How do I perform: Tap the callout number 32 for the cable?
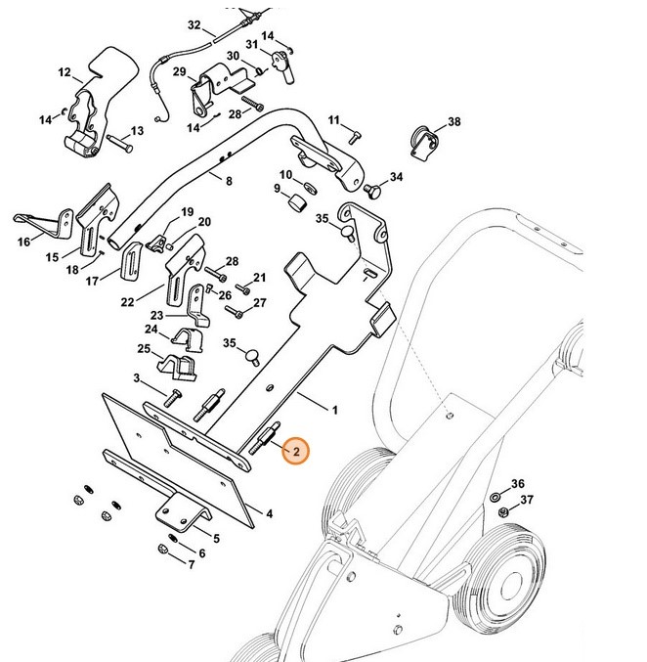pyautogui.click(x=194, y=24)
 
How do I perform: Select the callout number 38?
pyautogui.click(x=453, y=122)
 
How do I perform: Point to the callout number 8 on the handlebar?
pyautogui.click(x=229, y=181)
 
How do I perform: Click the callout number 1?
pyautogui.click(x=334, y=411)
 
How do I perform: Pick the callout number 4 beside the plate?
pyautogui.click(x=269, y=512)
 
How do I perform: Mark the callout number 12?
pyautogui.click(x=65, y=72)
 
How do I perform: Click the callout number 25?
pyautogui.click(x=144, y=349)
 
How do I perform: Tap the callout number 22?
pyautogui.click(x=128, y=302)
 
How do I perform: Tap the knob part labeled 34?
pyautogui.click(x=372, y=186)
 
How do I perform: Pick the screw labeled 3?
pyautogui.click(x=173, y=397)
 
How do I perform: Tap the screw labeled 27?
pyautogui.click(x=235, y=313)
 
